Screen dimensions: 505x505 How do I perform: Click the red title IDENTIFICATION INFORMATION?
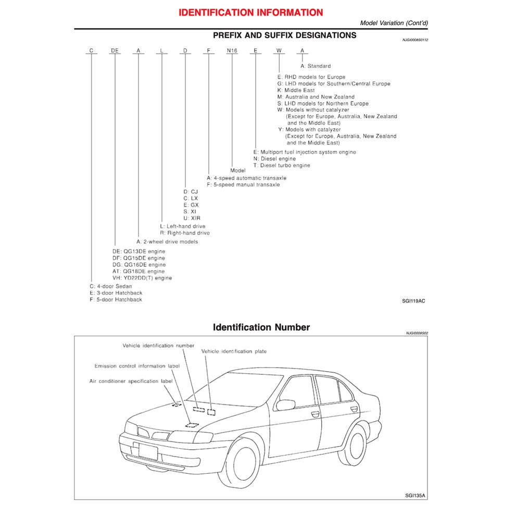click(250, 12)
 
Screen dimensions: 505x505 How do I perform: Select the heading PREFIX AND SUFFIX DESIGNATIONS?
click(285, 35)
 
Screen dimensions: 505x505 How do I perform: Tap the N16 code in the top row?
click(232, 51)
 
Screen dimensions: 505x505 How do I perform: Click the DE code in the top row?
click(115, 51)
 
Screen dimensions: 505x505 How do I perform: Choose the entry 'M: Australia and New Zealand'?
click(315, 97)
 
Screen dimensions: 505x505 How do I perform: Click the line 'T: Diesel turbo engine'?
click(281, 166)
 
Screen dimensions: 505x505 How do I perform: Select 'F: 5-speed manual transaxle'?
click(243, 185)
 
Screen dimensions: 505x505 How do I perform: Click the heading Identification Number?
click(261, 327)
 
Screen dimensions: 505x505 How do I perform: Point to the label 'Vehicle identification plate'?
click(234, 351)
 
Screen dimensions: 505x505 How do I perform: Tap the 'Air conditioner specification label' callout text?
click(131, 382)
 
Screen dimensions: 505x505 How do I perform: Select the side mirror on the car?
click(285, 405)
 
